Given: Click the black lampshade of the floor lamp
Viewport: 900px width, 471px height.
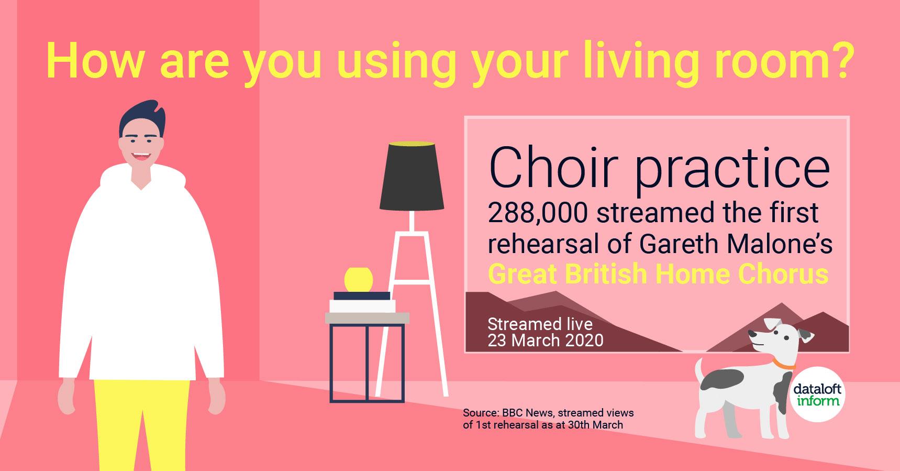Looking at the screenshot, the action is click(x=412, y=176).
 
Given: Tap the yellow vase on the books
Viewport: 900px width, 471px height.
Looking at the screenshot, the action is click(x=359, y=279).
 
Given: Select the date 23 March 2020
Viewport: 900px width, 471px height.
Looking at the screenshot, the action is click(x=545, y=341).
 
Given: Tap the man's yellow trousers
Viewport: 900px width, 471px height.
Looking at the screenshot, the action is click(x=142, y=424).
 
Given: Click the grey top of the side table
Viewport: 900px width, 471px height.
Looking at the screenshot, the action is click(x=367, y=318).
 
